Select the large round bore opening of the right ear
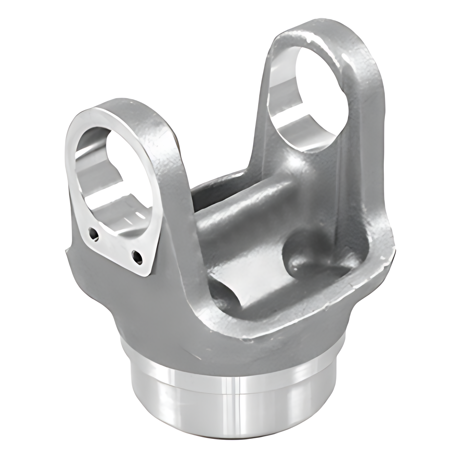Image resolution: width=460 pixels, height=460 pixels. (309, 99)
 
